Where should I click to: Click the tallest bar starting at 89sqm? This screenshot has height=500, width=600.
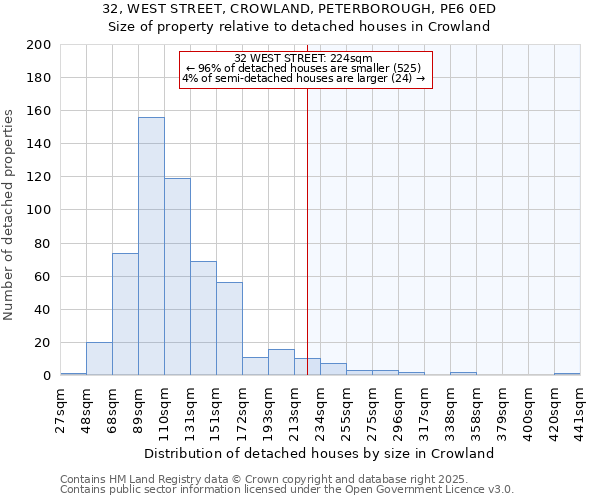pos(151,246)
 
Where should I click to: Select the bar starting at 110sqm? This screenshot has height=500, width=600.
pos(177,277)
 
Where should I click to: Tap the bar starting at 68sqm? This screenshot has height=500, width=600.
pos(125,314)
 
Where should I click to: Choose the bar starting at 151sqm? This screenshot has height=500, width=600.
pos(229,329)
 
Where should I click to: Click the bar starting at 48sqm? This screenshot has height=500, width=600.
pos(99,359)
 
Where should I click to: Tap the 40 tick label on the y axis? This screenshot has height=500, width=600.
pos(43,310)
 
